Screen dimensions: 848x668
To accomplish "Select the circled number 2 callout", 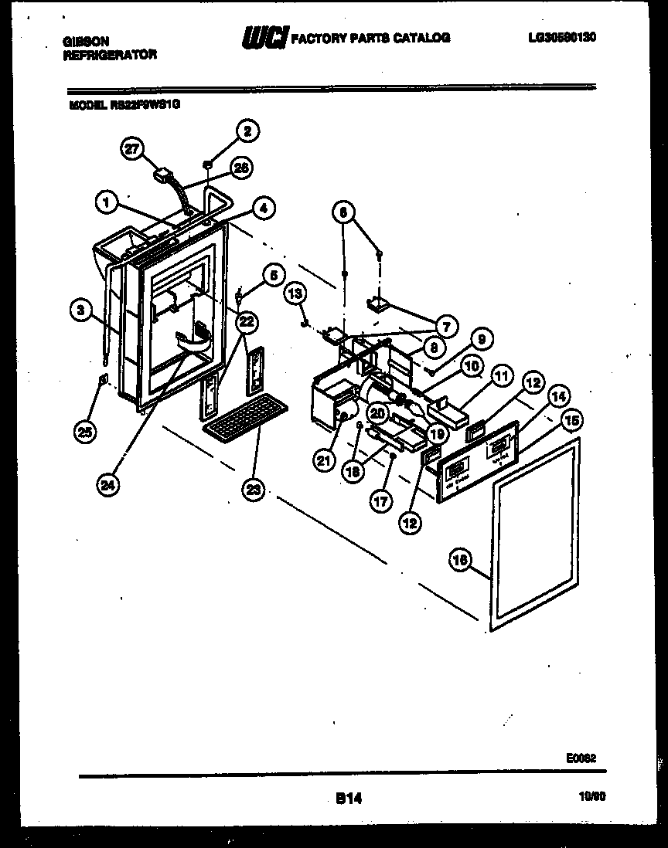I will (247, 131).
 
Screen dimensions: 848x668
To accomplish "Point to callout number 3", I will (79, 310).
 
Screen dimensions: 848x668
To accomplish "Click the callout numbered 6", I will (344, 210).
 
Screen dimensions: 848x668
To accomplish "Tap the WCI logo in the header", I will (266, 37).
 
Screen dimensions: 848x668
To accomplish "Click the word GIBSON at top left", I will (86, 42).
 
